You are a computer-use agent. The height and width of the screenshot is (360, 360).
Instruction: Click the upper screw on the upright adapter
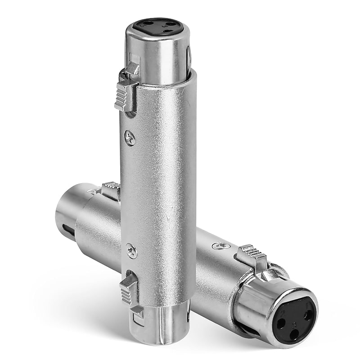130,137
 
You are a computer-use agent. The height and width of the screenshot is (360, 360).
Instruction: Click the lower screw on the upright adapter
131,251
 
